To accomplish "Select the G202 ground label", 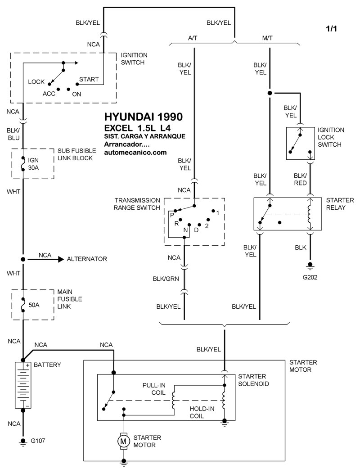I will (310, 277).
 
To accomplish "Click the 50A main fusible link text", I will (34, 305).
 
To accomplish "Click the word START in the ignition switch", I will (89, 79).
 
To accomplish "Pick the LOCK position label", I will (36, 82).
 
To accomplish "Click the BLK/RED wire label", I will (300, 179).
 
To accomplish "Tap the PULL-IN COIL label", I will (154, 389).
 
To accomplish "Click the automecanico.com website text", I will (135, 152).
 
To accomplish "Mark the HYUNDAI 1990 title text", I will (143, 117).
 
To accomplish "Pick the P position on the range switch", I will (172, 215).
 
